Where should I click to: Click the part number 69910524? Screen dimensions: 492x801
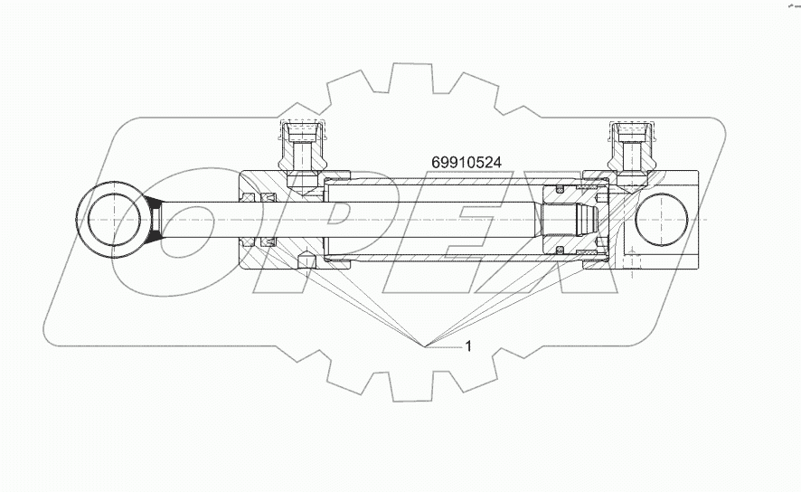[x=467, y=162]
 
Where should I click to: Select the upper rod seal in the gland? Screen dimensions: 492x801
[x=267, y=196]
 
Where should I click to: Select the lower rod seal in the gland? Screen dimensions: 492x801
[x=267, y=243]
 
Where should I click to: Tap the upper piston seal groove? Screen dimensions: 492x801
[x=561, y=190]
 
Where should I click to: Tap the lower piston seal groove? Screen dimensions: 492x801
[x=561, y=250]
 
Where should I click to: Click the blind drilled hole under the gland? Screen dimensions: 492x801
[x=305, y=261]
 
